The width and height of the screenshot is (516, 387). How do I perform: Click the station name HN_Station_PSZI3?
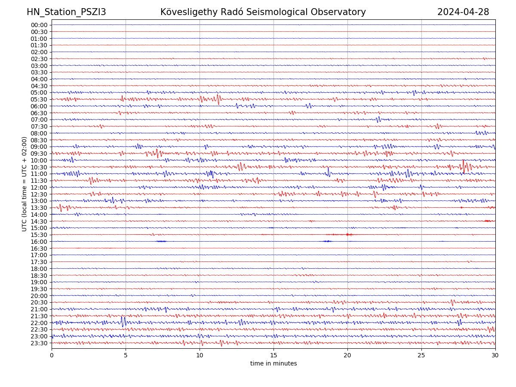pyautogui.click(x=66, y=12)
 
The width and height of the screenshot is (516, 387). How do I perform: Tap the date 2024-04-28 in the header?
pyautogui.click(x=463, y=12)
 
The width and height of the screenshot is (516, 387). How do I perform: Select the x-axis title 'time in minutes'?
pyautogui.click(x=273, y=363)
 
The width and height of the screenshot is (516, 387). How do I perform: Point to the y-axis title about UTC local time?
pyautogui.click(x=25, y=184)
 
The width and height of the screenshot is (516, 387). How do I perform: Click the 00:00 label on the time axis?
pyautogui.click(x=39, y=25)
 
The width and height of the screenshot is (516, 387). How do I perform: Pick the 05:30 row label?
pyautogui.click(x=39, y=99)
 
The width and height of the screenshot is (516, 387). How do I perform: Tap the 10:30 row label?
pyautogui.click(x=39, y=167)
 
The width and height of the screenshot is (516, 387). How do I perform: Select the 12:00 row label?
pyautogui.click(x=39, y=187)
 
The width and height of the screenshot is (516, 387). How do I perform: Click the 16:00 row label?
pyautogui.click(x=39, y=242)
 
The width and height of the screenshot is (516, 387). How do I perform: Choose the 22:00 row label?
pyautogui.click(x=39, y=323)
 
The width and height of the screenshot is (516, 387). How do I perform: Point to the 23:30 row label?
pyautogui.click(x=39, y=343)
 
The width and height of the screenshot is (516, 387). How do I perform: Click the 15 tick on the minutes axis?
pyautogui.click(x=273, y=355)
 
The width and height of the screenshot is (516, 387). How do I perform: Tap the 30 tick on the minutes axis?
pyautogui.click(x=495, y=355)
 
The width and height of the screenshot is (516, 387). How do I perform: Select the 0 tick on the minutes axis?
pyautogui.click(x=52, y=355)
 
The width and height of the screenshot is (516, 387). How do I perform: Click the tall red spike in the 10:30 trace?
pyautogui.click(x=463, y=166)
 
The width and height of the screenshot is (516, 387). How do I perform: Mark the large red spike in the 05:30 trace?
pyautogui.click(x=218, y=99)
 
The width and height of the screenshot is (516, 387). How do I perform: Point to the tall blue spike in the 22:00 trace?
pyautogui.click(x=123, y=322)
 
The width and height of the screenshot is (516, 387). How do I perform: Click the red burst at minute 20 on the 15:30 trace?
pyautogui.click(x=347, y=234)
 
